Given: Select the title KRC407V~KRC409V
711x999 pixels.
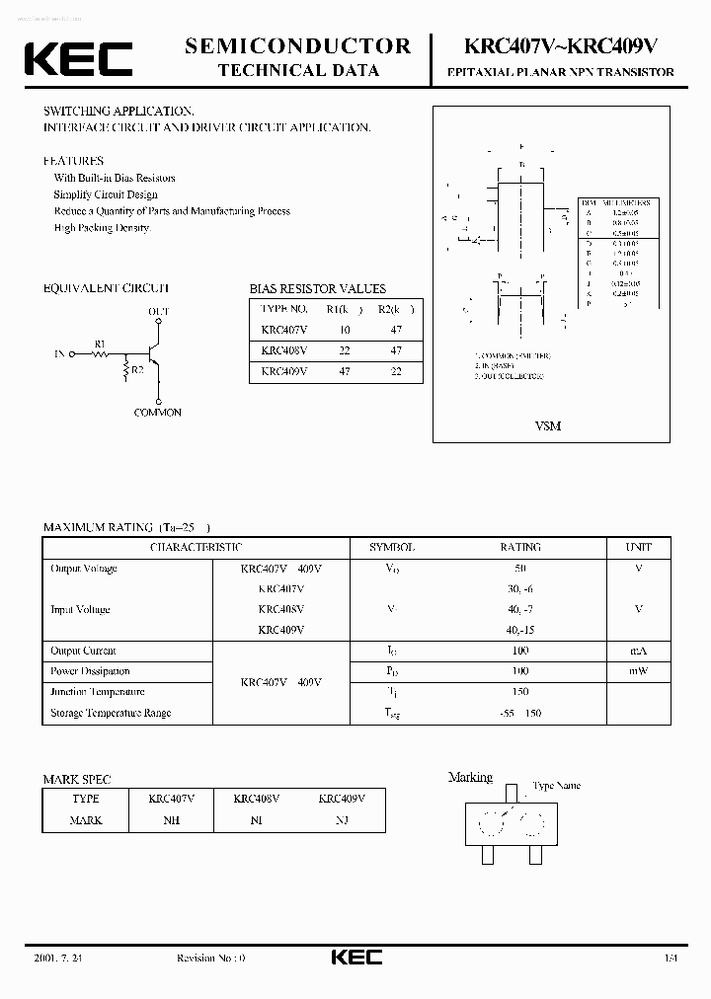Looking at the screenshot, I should tap(560, 45).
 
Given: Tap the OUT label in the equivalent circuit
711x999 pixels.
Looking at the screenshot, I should tap(158, 312).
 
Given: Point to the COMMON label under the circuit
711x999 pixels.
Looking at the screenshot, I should tap(158, 413).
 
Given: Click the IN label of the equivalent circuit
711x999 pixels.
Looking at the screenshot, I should tap(60, 352).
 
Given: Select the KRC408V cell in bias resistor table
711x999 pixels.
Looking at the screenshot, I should tap(284, 350).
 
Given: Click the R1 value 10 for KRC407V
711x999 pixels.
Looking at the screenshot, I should tap(344, 330).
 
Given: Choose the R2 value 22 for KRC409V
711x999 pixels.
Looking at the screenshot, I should tap(396, 371).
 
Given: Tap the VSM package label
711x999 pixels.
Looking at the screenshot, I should tap(548, 425).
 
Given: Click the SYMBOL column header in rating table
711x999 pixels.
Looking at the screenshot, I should tap(392, 547).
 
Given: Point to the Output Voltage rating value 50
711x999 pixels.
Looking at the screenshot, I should tap(520, 569).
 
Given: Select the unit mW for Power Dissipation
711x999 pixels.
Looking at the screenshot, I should tap(639, 671).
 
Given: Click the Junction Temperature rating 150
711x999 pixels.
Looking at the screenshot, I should tap(520, 692).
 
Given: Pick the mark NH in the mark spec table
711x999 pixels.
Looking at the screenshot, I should tap(172, 820).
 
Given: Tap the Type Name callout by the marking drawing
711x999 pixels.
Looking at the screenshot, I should tap(556, 786).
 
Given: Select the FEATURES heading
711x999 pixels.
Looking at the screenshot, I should tap(73, 160).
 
